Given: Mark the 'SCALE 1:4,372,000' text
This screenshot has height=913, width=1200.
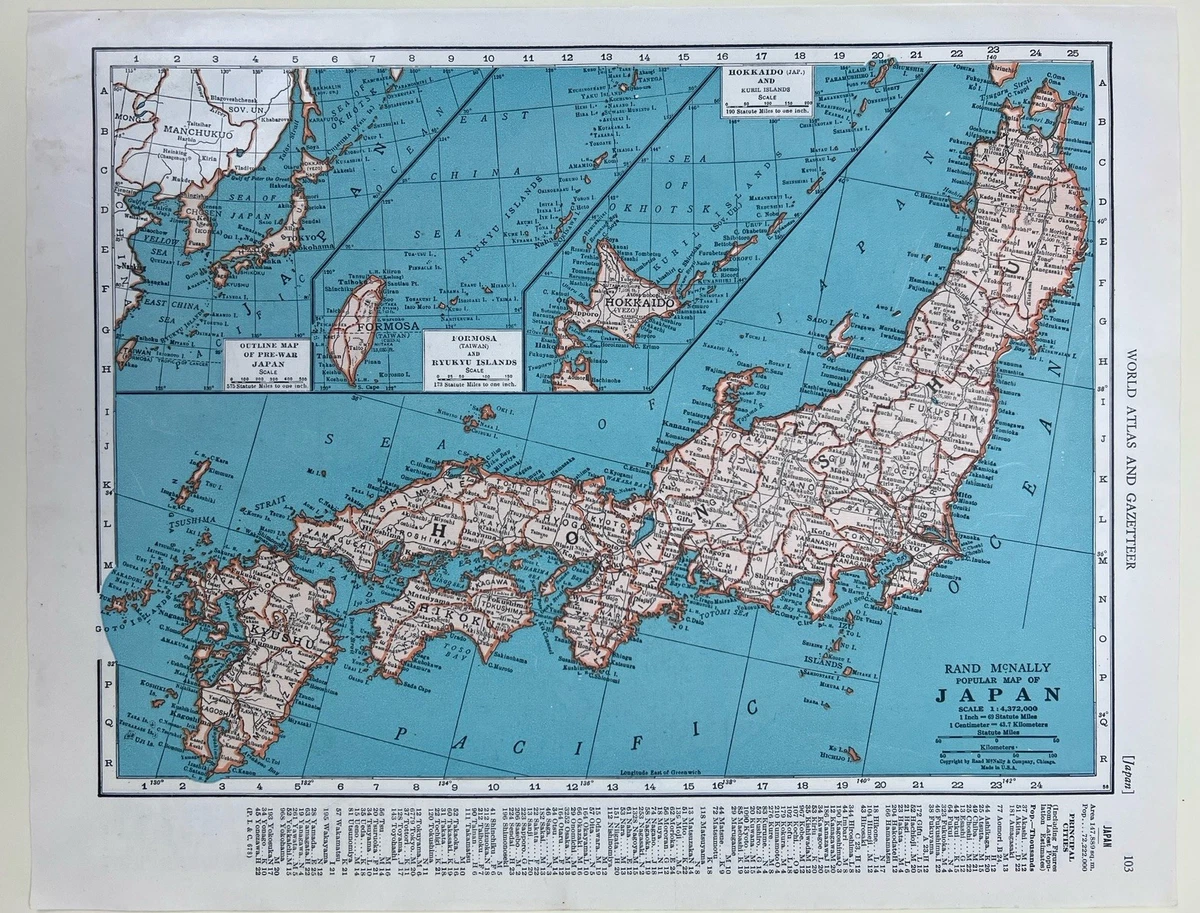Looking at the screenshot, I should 998,711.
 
